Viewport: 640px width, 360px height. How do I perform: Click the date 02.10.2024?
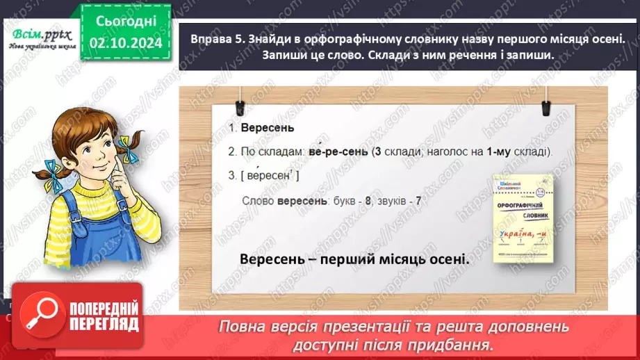point(126,43)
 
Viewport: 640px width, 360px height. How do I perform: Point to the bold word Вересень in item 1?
point(257,128)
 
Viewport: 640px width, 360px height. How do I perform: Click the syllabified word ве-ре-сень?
point(334,152)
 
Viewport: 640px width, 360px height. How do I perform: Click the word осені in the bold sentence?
point(443,259)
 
